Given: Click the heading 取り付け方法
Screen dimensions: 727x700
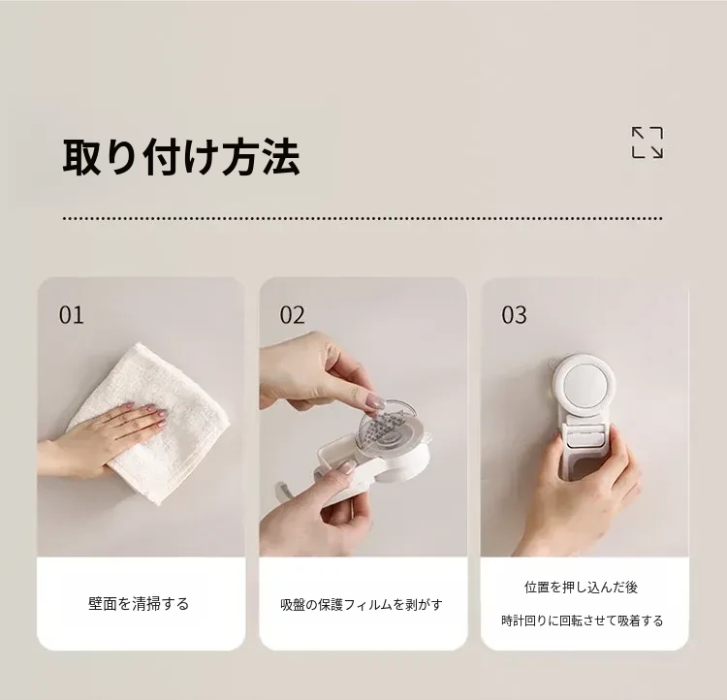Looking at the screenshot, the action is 181,157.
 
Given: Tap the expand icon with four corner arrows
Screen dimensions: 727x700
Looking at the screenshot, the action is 648,143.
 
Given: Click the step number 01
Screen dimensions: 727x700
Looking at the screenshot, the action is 72,315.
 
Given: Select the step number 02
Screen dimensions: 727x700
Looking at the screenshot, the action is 293,315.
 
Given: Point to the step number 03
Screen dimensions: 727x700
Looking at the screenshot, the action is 514,315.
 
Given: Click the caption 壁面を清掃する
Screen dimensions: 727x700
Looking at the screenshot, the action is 139,603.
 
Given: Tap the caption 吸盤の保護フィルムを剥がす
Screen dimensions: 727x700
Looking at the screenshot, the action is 362,604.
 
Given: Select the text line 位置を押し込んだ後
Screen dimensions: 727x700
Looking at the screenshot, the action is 582,588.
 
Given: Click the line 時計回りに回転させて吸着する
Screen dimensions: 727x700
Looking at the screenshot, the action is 583,620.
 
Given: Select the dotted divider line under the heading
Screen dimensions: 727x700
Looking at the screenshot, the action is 363,218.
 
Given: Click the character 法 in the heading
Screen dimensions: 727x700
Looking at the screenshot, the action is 281,158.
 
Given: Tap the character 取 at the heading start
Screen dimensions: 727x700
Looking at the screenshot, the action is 82,158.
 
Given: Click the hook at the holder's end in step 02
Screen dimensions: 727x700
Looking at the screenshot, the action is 284,490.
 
